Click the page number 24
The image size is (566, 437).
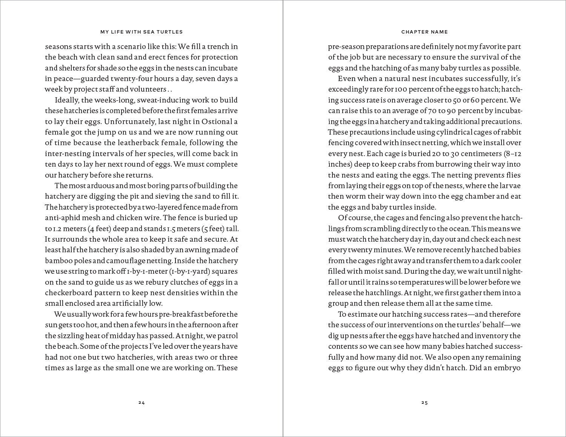(141, 403)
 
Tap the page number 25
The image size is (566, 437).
(424, 403)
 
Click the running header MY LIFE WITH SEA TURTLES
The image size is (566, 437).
(141, 32)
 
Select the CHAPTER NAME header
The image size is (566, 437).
(424, 32)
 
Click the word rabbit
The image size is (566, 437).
(511, 132)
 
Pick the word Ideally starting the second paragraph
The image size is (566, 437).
(68, 100)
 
